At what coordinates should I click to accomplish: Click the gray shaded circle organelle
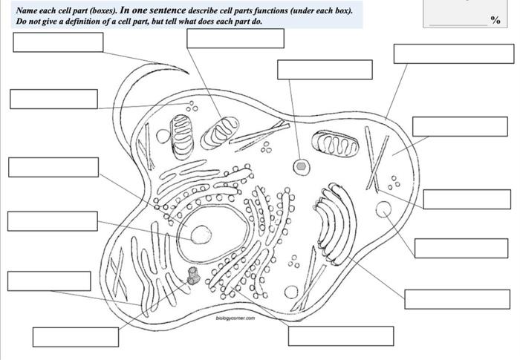click(x=301, y=166)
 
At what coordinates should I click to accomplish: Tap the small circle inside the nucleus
click(x=201, y=235)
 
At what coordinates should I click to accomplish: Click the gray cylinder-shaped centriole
click(x=194, y=276)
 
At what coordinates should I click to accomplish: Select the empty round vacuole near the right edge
click(x=384, y=209)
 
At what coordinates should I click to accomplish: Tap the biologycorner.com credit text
click(x=235, y=318)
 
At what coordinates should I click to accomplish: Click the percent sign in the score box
click(x=495, y=20)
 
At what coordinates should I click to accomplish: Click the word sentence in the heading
click(x=170, y=11)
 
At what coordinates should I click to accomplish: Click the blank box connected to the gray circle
click(x=325, y=69)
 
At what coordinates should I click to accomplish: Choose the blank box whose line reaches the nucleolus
click(x=52, y=221)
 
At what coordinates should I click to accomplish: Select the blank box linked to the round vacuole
click(x=451, y=248)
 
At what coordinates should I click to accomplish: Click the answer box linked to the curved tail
click(x=58, y=42)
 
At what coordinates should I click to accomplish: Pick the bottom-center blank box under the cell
click(x=340, y=336)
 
